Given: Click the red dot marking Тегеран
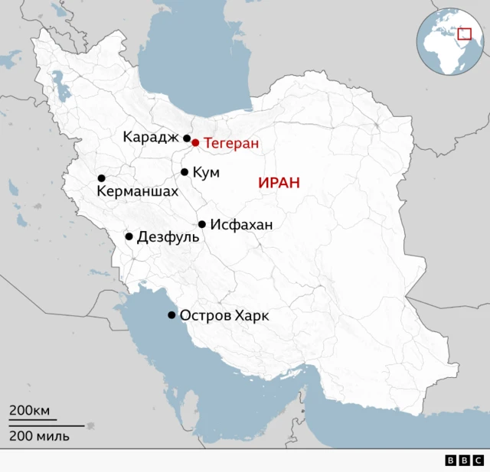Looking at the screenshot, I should click(x=195, y=142).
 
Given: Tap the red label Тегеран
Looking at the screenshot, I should click(x=231, y=143).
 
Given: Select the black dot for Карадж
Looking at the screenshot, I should click(x=187, y=138).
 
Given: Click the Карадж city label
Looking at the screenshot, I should click(x=151, y=137).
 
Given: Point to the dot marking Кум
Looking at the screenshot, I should click(x=185, y=172).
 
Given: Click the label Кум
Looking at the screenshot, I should click(x=206, y=173).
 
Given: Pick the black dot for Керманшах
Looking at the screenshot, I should click(x=101, y=178).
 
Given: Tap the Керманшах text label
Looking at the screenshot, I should click(x=137, y=191).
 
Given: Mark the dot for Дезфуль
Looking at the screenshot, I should click(x=129, y=236).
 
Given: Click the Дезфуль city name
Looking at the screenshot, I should click(x=168, y=237).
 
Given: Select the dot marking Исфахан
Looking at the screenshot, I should click(x=202, y=224).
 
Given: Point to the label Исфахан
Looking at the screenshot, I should click(x=241, y=225).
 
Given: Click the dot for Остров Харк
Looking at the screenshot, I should click(x=171, y=315).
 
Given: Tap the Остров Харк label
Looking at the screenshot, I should click(x=224, y=316).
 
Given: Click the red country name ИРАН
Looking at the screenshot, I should click(x=279, y=183).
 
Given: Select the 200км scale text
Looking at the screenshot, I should click(x=29, y=411).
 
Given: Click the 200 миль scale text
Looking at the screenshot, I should click(x=39, y=436).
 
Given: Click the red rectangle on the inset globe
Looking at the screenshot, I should click(x=464, y=33).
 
